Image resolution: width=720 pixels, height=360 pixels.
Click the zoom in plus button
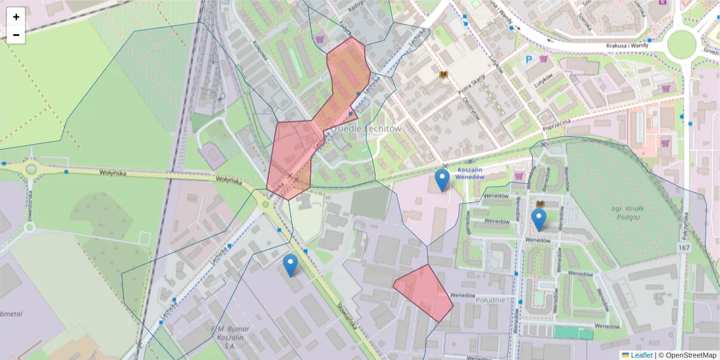pyautogui.click(x=16, y=17)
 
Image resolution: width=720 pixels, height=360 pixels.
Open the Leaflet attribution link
pyautogui.click(x=641, y=355)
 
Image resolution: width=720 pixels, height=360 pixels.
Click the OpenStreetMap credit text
pyautogui.click(x=691, y=355)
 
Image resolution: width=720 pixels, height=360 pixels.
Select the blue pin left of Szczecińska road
pyautogui.click(x=290, y=265)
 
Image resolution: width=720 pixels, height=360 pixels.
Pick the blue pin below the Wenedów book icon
pyautogui.click(x=539, y=220)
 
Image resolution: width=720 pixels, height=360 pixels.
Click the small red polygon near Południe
pyautogui.click(x=424, y=292)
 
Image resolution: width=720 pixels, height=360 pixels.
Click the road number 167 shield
pyautogui.click(x=685, y=248)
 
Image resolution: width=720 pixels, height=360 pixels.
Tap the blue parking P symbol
pyautogui.click(x=529, y=59)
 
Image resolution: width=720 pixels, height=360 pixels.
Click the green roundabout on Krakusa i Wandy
pyautogui.click(x=682, y=43)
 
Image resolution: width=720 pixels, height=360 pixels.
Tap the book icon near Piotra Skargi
pyautogui.click(x=444, y=75)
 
